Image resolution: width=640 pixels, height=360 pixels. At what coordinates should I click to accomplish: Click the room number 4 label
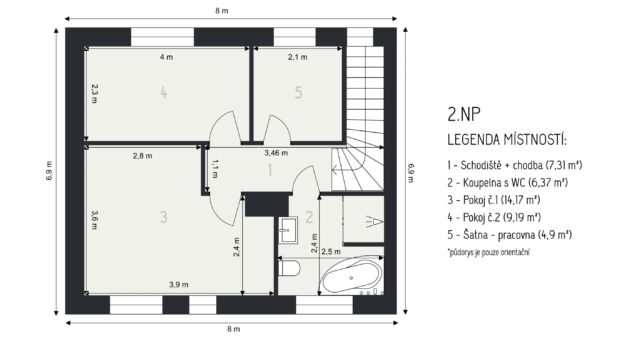pos(164,93)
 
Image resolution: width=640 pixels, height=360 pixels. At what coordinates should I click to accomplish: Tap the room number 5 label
pos(298,93)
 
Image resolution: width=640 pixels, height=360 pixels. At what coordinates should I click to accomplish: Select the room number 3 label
pos(164,217)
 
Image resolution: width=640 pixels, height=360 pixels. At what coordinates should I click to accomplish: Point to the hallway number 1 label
pos(270,170)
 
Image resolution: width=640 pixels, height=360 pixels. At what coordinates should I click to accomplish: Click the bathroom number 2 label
pos(309,217)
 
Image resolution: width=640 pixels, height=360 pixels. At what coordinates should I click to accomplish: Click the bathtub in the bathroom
pos(351,276)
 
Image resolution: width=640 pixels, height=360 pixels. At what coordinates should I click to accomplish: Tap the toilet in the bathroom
pos(289,269)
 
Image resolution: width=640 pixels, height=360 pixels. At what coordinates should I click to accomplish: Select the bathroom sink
pos(289,230)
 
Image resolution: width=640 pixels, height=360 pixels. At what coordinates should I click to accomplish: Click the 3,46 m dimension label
pos(276,153)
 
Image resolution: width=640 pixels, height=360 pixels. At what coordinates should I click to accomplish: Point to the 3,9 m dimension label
pos(179,284)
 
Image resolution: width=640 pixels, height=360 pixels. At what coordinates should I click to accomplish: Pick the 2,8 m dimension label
pos(142,156)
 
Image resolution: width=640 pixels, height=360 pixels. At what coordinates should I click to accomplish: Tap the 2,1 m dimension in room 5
pos(298,57)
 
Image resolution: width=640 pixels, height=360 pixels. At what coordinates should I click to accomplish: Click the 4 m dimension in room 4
pos(166,57)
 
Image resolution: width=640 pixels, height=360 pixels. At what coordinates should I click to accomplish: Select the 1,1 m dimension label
pos(215,169)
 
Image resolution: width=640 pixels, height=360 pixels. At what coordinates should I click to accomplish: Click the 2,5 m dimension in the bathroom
pos(331,251)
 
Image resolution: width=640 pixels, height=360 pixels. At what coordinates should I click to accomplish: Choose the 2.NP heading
pos(464,115)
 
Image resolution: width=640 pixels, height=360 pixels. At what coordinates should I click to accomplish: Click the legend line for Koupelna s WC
pos(507,182)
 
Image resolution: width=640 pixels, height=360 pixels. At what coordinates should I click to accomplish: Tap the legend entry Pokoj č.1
pos(494,200)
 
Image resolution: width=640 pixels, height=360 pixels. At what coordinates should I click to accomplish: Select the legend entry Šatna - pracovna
pos(509,235)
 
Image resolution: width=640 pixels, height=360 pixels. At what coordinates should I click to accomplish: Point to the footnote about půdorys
pos(489,252)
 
